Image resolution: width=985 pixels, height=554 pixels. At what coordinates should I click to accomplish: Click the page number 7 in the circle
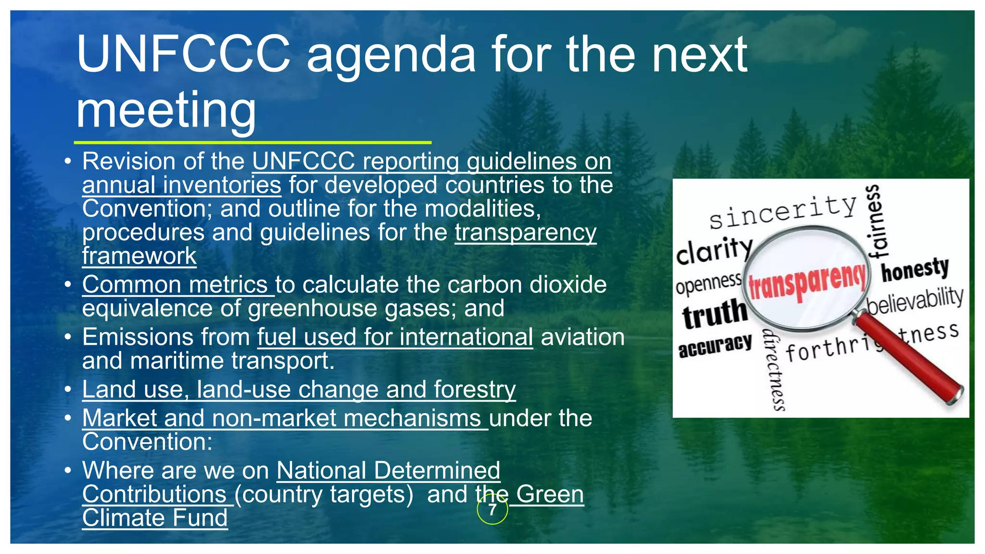click(x=492, y=510)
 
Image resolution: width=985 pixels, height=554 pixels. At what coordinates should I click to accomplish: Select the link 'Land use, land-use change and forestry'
click(x=299, y=389)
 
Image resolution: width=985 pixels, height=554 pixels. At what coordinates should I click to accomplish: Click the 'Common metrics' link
click(x=175, y=284)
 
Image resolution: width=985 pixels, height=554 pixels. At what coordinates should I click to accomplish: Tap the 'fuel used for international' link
click(x=395, y=337)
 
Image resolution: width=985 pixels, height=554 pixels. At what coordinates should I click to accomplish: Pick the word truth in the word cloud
click(x=715, y=314)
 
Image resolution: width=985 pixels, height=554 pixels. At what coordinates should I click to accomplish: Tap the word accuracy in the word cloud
click(x=715, y=345)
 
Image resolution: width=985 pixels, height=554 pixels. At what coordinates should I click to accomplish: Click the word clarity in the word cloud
click(x=714, y=250)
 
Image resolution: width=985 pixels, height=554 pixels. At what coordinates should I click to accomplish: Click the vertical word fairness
click(x=878, y=221)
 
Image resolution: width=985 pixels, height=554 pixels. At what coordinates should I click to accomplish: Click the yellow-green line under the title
click(x=253, y=142)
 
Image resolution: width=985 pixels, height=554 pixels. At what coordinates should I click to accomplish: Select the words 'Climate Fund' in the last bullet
click(x=155, y=518)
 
